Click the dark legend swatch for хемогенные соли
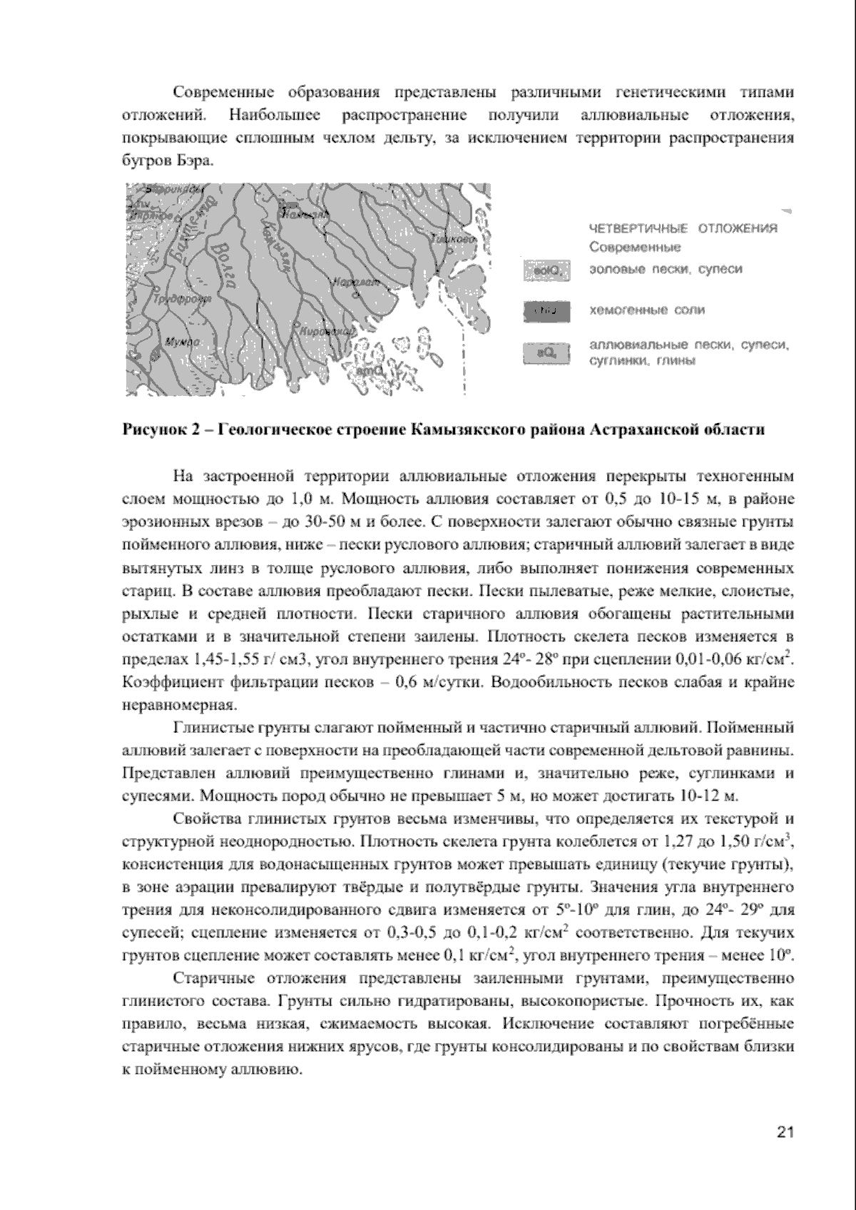click(x=546, y=310)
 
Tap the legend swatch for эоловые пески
click(x=546, y=270)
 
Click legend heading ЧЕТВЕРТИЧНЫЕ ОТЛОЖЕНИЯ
click(x=683, y=228)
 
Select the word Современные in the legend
click(x=634, y=248)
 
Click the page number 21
click(x=785, y=1132)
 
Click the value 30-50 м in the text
click(x=332, y=523)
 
